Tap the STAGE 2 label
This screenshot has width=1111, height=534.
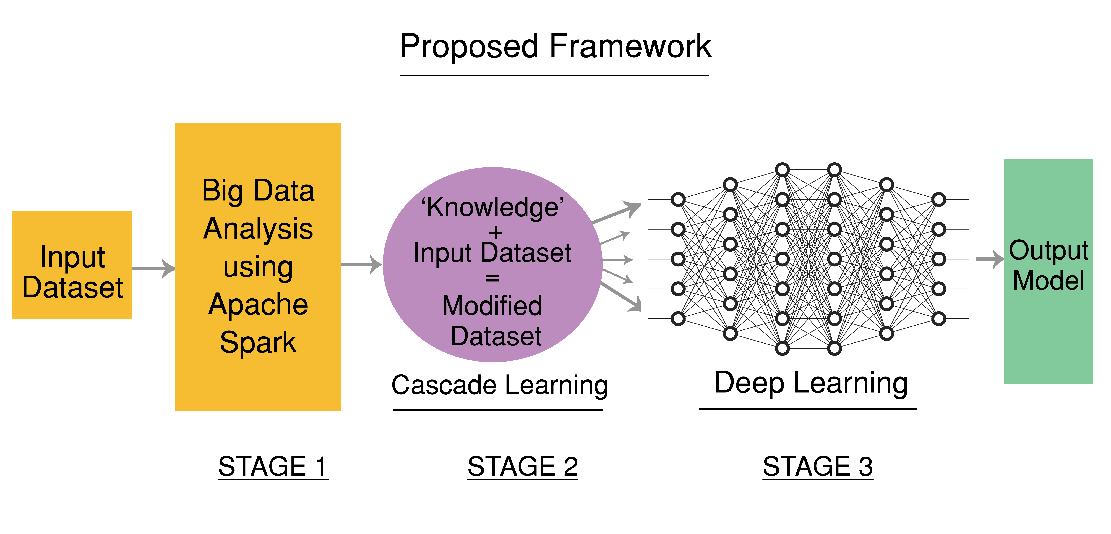point(523,467)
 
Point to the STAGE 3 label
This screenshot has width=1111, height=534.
point(818,467)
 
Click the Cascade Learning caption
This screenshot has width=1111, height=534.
point(499,385)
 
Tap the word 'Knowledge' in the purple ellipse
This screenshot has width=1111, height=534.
point(492,207)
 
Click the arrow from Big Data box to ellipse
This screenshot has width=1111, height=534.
point(361,264)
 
